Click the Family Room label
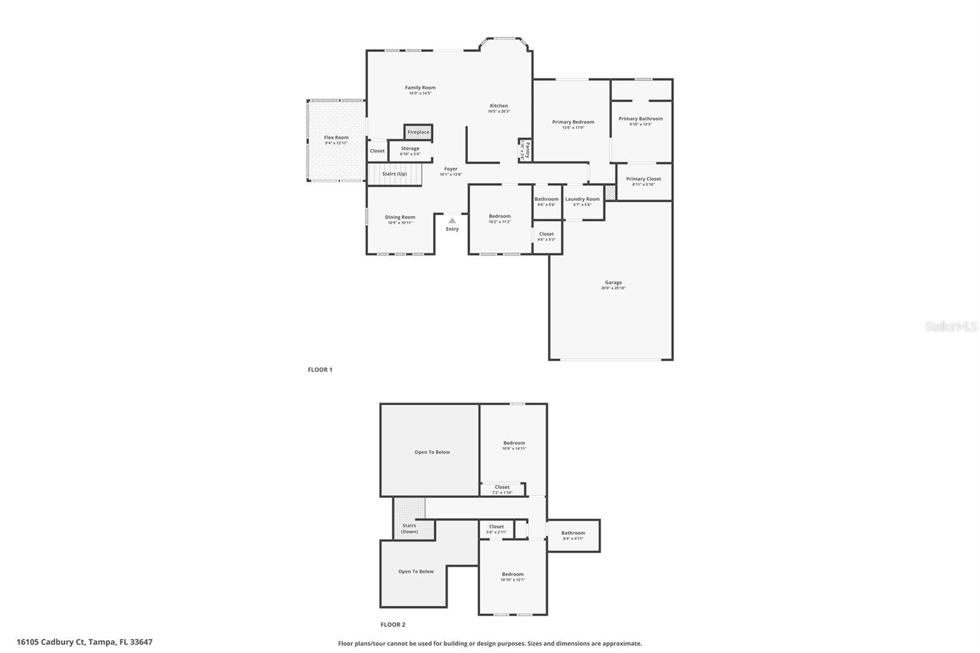(x=420, y=88)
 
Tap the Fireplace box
(x=418, y=132)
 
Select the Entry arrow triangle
(x=452, y=221)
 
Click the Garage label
(x=613, y=282)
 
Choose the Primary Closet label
(x=643, y=179)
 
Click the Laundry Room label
(x=582, y=199)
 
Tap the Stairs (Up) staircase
(x=394, y=174)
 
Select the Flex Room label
(x=336, y=138)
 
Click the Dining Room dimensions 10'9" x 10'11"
(x=400, y=223)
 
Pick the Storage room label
(x=410, y=148)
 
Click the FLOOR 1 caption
(x=320, y=370)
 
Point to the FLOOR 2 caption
(x=393, y=625)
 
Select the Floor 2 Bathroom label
(x=573, y=533)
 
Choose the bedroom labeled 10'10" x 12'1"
(x=513, y=577)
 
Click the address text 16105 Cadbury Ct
(x=50, y=642)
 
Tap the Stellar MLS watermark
(x=951, y=327)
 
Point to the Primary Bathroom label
(x=640, y=119)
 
